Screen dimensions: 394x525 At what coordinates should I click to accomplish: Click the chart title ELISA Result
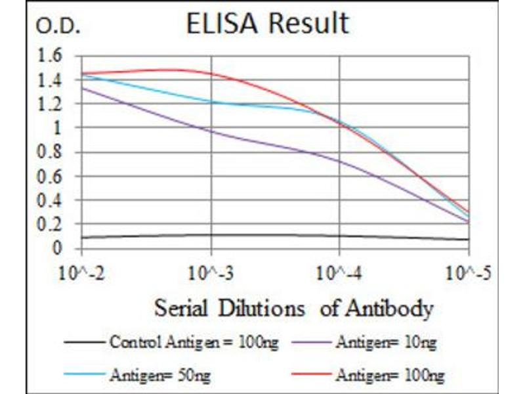(267, 24)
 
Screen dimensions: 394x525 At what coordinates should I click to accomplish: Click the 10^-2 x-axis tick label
(82, 273)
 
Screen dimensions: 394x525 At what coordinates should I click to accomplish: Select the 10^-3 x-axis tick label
(211, 273)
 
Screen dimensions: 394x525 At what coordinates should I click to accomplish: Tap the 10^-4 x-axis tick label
(340, 273)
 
